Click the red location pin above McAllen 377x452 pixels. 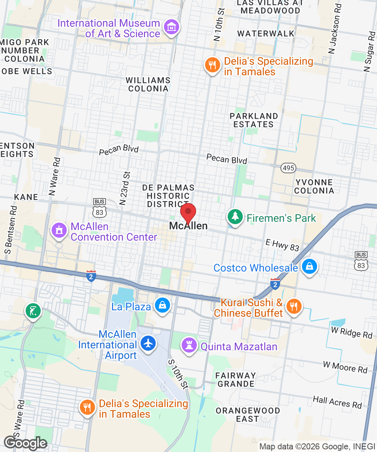pos(188,213)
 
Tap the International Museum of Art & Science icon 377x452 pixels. pos(172,27)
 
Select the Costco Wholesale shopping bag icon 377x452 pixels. pos(309,267)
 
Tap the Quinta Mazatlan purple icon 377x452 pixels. pos(189,344)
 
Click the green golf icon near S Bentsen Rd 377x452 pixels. pos(32,311)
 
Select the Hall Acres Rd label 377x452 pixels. pos(337,402)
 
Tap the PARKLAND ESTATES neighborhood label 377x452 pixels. pos(253,120)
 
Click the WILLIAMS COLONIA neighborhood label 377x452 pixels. pos(148,84)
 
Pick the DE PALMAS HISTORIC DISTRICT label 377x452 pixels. pos(168,196)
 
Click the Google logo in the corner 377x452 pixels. pos(25,443)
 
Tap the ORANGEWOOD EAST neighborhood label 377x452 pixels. pos(247,414)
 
